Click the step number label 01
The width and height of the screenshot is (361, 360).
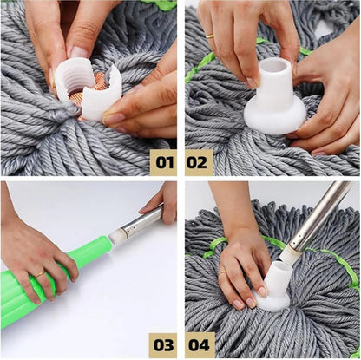[x=162, y=161]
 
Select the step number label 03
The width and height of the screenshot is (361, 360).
[x=162, y=344]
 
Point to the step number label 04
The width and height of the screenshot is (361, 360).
[x=199, y=344]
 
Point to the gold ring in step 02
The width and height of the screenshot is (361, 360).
[x=210, y=36]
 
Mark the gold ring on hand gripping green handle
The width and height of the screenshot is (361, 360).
[x=40, y=274]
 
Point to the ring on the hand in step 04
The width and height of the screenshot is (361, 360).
[x=222, y=274]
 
